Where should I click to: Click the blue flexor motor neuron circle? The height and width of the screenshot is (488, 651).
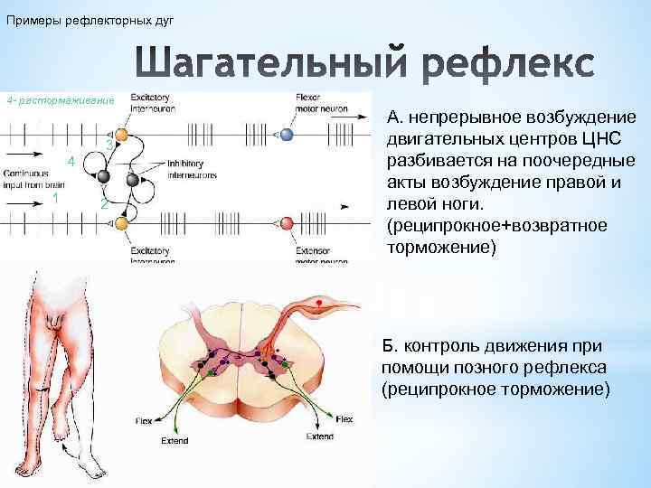point(287,135)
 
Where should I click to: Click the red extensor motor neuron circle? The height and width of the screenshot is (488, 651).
point(288,223)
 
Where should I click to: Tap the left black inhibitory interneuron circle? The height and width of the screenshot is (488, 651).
point(104,176)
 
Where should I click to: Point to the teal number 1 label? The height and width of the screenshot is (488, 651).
point(56,198)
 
